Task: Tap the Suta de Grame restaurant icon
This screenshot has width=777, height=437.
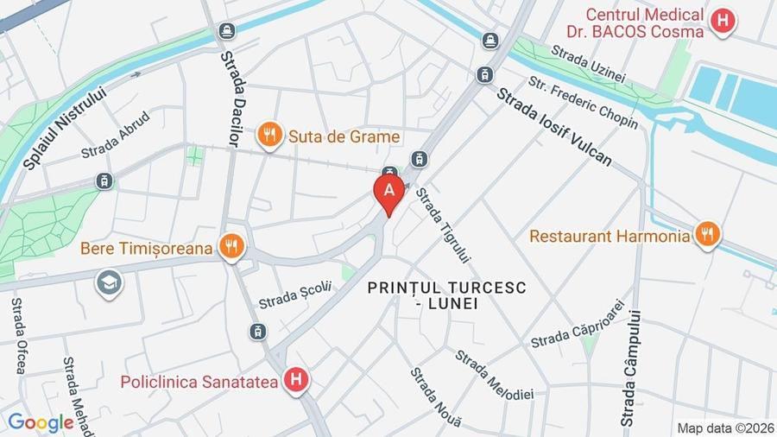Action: pos(270,135)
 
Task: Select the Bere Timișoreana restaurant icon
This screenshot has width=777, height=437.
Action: pos(231,248)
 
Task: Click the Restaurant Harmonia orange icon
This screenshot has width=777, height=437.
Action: pos(707,234)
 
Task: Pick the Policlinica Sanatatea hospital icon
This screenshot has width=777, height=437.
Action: pos(296,379)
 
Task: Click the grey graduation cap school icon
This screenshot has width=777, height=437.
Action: pos(109,282)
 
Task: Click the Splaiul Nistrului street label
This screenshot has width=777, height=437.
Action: pos(65,127)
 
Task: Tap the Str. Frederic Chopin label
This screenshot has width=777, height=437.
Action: pos(584,104)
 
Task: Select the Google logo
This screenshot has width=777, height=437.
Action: pos(40,422)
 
